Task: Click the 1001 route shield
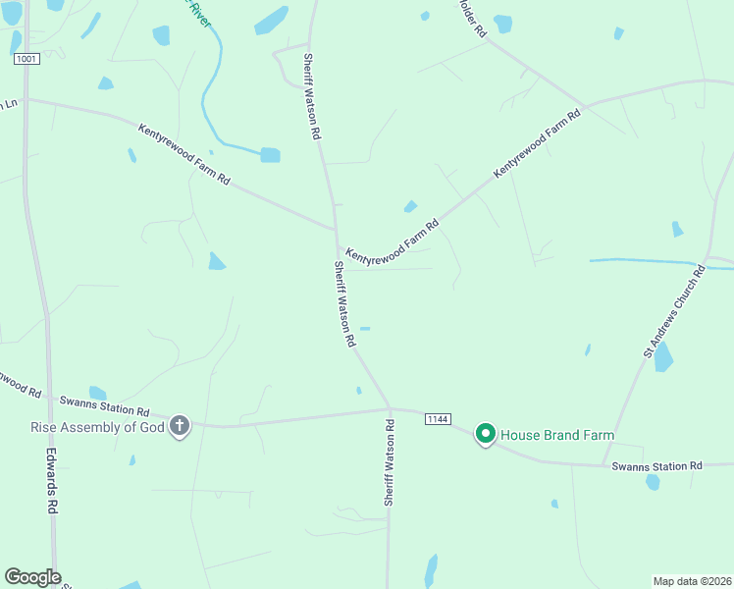tap(26, 60)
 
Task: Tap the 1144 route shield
tap(438, 419)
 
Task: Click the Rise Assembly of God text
tap(96, 426)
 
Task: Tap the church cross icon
tap(179, 426)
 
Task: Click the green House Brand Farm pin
tap(485, 433)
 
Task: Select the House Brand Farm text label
tap(557, 435)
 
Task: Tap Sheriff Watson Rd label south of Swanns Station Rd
tap(390, 462)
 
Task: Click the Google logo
tap(32, 577)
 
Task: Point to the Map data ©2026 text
tap(692, 580)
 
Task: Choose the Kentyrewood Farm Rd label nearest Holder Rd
tap(537, 143)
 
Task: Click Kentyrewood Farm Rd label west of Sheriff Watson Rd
tap(183, 155)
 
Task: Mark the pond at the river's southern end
tap(270, 154)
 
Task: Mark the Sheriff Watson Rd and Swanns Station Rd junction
tap(390, 408)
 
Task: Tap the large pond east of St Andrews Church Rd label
tap(663, 356)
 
